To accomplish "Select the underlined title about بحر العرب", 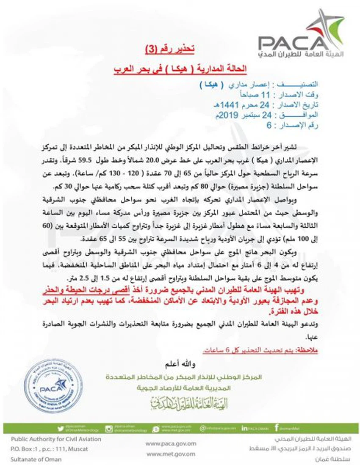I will coord(181,68).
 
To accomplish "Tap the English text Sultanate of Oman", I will coord(36,459).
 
